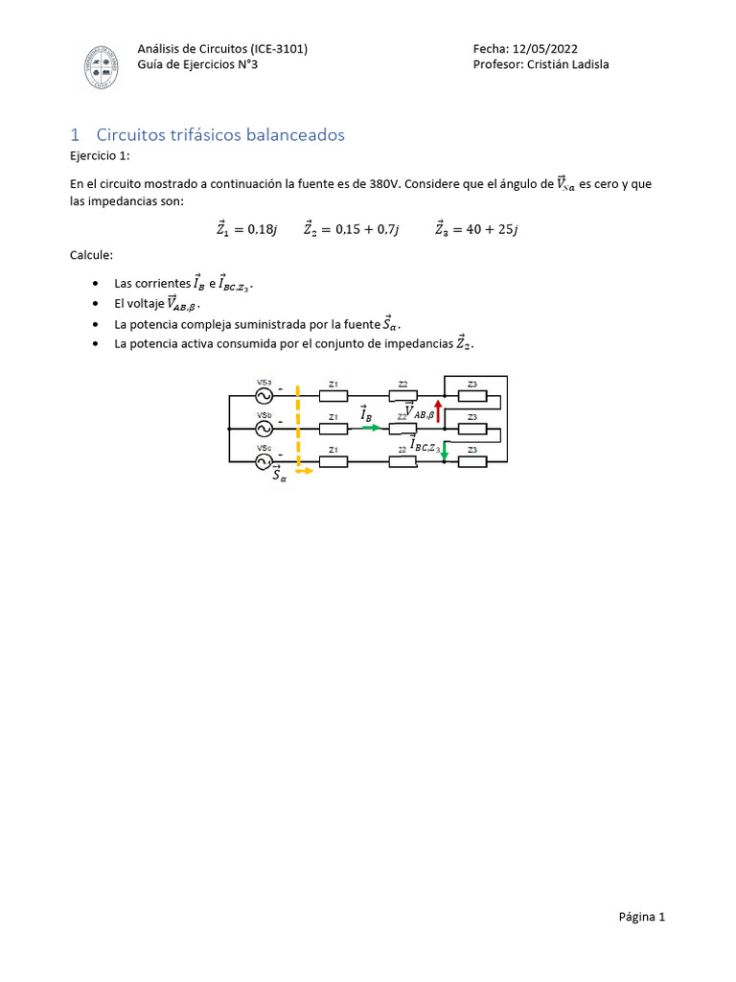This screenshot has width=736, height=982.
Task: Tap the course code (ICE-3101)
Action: pos(278,48)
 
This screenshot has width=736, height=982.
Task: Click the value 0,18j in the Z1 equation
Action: pos(262,228)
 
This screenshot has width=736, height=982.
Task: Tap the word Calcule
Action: pos(92,255)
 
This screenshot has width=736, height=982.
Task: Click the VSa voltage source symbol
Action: pos(264,395)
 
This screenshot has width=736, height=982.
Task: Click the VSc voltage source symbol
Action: pos(264,461)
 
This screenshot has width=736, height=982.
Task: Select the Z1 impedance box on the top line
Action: pos(333,395)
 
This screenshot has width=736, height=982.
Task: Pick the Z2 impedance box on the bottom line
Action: pos(402,461)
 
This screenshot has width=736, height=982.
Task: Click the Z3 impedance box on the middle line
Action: pos(472,428)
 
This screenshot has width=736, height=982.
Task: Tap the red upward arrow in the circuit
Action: pos(438,410)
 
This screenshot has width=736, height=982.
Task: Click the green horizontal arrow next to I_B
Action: pos(371,428)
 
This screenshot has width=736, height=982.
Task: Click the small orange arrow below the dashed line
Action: pos(303,471)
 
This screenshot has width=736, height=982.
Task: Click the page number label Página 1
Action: pos(641,917)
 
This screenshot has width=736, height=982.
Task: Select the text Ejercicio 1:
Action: pos(99,156)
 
